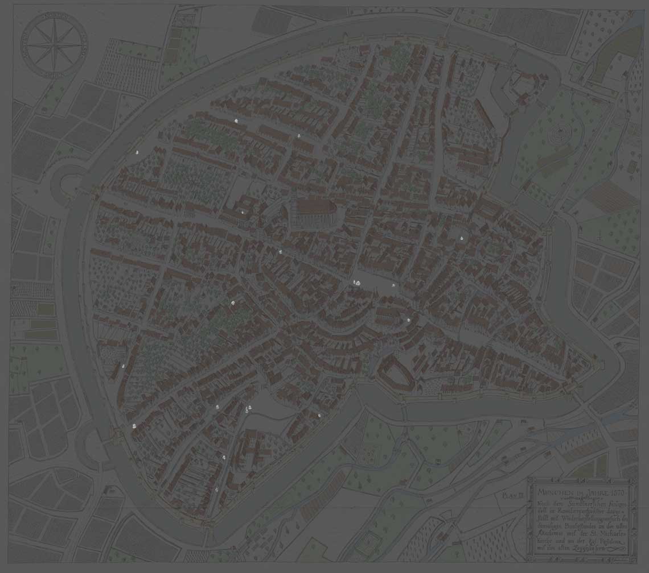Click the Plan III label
[x=512, y=496]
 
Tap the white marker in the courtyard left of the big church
[x=243, y=212]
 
